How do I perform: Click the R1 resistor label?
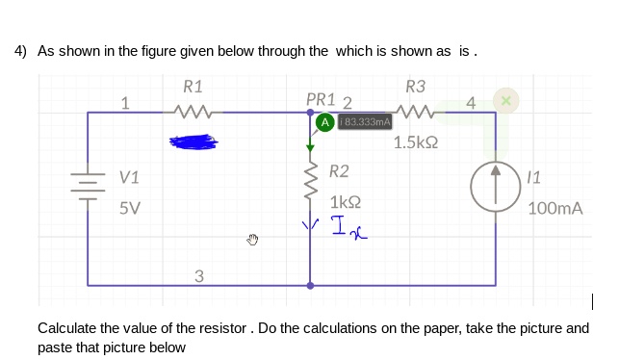point(193,86)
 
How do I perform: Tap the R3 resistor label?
point(416,86)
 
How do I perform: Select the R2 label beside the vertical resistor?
point(339,171)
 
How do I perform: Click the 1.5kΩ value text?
point(416,142)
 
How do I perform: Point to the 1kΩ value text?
point(345,202)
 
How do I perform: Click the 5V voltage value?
point(129,207)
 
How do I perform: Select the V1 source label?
point(129,177)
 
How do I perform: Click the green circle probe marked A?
point(325,122)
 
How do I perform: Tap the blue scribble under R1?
point(195,142)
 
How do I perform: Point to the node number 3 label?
point(198,277)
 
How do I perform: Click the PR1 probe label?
point(321,99)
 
